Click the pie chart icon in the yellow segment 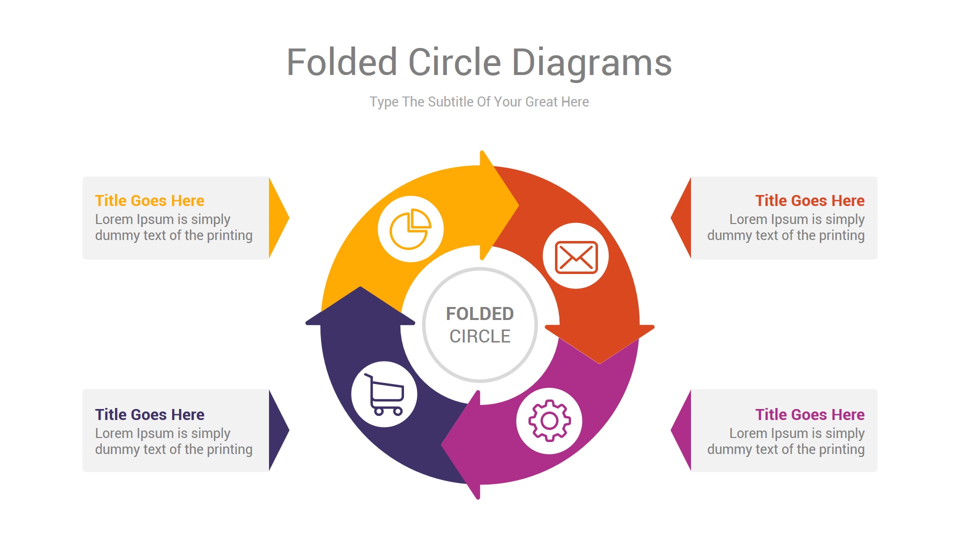[x=410, y=229]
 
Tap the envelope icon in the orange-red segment [x=576, y=256]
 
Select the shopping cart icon [x=384, y=394]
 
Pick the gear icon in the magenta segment [x=549, y=420]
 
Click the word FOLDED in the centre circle [x=479, y=314]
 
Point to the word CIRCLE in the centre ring [x=479, y=336]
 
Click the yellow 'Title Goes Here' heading [x=149, y=200]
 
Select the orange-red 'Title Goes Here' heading [x=809, y=200]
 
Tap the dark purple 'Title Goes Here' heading [x=149, y=414]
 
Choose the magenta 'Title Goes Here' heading [x=809, y=414]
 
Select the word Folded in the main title [x=342, y=63]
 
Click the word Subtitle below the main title [x=450, y=102]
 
